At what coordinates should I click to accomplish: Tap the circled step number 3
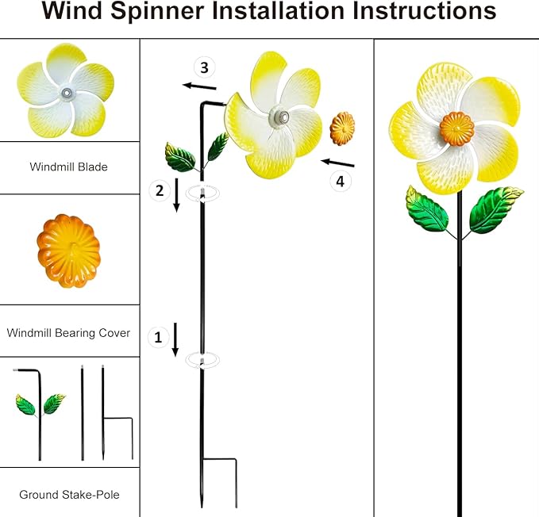[205, 66]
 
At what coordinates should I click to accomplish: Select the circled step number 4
[341, 181]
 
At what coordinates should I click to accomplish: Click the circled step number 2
[160, 190]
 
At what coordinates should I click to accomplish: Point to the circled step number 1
[158, 337]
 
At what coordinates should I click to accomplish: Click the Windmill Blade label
[68, 167]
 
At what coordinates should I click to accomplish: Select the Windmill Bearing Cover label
[68, 333]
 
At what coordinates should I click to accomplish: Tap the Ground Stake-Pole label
[69, 495]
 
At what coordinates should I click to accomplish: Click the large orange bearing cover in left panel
[68, 250]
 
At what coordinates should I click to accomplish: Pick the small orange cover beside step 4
[342, 128]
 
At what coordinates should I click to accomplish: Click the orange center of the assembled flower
[456, 127]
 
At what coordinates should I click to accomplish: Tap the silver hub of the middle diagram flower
[279, 117]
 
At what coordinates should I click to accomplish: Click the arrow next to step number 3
[198, 86]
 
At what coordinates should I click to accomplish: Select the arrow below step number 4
[337, 163]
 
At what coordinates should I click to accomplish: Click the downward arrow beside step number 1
[175, 339]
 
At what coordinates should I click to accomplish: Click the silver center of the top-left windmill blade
[67, 94]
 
